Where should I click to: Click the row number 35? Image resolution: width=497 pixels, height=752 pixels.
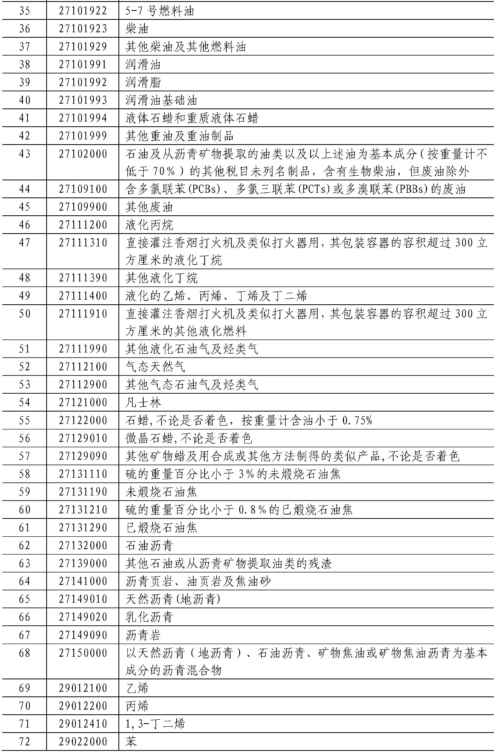point(24,11)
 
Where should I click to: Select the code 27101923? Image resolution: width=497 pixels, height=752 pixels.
point(83,29)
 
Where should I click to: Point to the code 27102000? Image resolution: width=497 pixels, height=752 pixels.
point(83,154)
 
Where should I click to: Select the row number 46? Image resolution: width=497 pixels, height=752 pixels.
point(24,225)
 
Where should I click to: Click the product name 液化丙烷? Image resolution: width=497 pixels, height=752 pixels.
point(149,225)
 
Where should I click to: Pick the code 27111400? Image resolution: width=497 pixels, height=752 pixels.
point(83,296)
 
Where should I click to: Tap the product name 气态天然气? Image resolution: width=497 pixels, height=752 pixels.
point(155,366)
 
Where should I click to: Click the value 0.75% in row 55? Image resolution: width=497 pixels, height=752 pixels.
point(357,420)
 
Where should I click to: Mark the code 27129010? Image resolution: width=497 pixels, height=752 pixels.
point(83,438)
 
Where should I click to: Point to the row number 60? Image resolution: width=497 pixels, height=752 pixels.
point(24,509)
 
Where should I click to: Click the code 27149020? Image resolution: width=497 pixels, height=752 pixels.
point(83,617)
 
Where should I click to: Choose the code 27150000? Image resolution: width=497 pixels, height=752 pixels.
point(83,653)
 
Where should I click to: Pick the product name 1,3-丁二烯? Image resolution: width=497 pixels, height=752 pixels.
point(155,724)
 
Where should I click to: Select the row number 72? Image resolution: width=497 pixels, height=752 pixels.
point(24,742)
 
